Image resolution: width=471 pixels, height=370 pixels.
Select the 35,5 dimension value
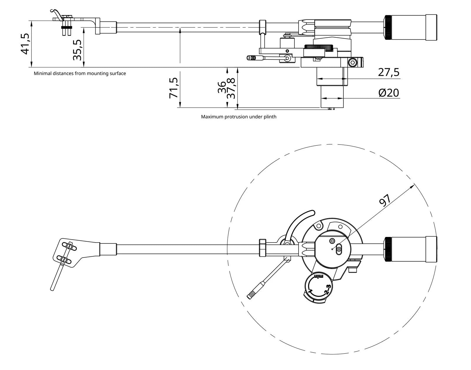pyautogui.click(x=77, y=50)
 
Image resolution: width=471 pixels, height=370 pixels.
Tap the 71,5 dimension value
pyautogui.click(x=174, y=88)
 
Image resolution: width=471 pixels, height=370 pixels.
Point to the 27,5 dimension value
pyautogui.click(x=389, y=72)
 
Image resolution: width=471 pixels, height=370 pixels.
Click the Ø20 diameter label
pyautogui.click(x=389, y=93)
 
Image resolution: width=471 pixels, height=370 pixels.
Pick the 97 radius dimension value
pyautogui.click(x=385, y=200)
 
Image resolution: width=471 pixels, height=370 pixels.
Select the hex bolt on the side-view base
pyautogui.click(x=353, y=62)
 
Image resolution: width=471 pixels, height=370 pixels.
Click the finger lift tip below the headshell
pyautogui.click(x=53, y=288)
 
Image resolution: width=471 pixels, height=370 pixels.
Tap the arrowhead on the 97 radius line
pyautogui.click(x=413, y=185)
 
